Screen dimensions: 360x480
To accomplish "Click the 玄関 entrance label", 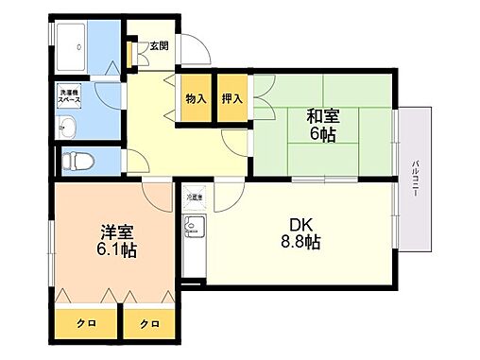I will click(x=157, y=45).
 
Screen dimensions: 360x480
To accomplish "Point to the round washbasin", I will click(x=68, y=127).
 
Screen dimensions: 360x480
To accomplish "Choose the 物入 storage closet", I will click(x=196, y=98).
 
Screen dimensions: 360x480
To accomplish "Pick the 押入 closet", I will click(x=232, y=98).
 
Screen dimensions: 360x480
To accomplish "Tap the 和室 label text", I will click(x=323, y=117).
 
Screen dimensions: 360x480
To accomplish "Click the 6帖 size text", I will click(x=323, y=135).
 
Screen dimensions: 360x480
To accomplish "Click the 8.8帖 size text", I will click(x=300, y=244).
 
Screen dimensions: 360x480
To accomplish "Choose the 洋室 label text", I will click(x=114, y=231).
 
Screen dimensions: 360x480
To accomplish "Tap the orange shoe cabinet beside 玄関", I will click(x=130, y=53).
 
